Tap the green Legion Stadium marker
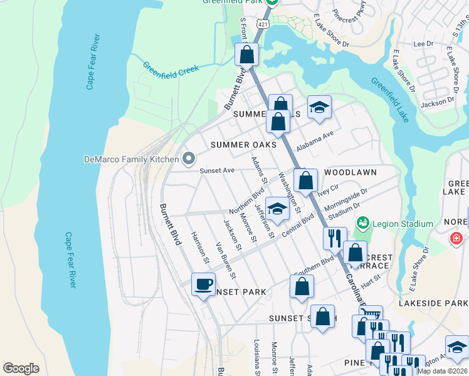pos(362,224)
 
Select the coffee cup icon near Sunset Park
pos(203,285)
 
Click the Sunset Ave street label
pos(216,170)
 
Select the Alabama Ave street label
pos(315,138)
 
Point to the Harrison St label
pos(199,247)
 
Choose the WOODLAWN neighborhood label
pos(350,172)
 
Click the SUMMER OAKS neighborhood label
pos(243,145)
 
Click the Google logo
pos(21,368)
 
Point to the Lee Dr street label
pos(424,44)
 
